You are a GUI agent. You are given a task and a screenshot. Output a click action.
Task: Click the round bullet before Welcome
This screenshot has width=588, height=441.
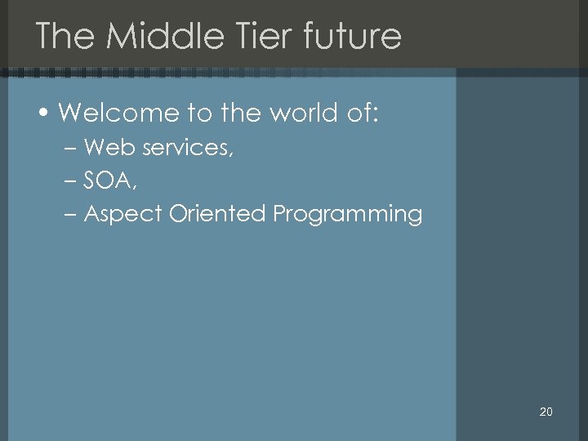coord(46,114)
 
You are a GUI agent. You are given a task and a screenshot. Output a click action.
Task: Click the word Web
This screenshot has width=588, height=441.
coord(105,148)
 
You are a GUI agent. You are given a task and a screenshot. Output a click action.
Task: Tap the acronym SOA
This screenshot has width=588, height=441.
coord(109,180)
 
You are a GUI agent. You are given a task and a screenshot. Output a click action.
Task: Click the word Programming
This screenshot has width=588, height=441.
coord(347,215)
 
